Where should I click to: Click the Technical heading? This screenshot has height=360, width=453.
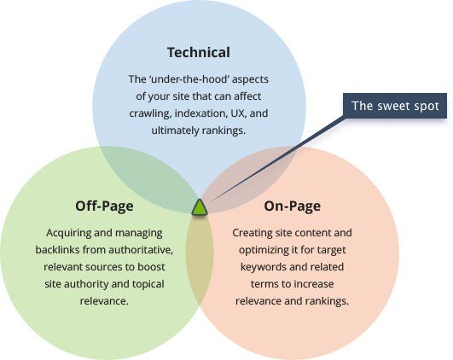199,52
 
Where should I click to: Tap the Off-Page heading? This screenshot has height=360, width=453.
104,206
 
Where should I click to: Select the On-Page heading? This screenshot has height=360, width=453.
292,206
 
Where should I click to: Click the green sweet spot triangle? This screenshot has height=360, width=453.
200,207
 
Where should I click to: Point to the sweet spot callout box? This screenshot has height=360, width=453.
395,106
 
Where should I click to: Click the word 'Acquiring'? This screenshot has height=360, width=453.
68,233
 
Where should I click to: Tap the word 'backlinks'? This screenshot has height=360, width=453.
57,250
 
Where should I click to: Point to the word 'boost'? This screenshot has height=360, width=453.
151,267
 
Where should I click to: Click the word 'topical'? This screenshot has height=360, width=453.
148,284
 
